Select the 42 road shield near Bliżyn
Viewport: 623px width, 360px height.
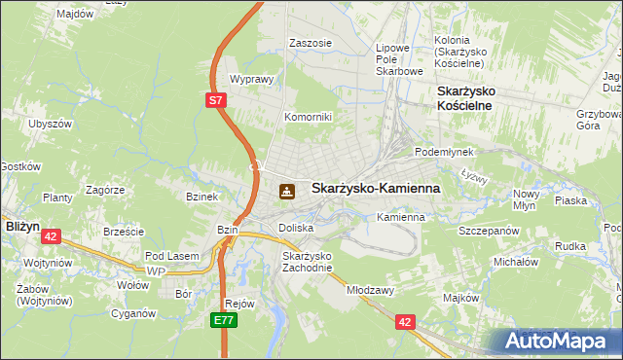[52, 235]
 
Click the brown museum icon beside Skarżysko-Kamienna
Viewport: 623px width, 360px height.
[286, 191]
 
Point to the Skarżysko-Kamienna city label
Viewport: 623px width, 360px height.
[375, 189]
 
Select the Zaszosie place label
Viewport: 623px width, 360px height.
[311, 43]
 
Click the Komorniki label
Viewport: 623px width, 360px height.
[308, 117]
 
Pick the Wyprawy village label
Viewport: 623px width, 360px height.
[249, 79]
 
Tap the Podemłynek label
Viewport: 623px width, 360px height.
[443, 152]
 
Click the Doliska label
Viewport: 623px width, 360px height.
[295, 227]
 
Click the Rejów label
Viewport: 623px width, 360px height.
[239, 303]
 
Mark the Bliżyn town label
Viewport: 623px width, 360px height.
[21, 225]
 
